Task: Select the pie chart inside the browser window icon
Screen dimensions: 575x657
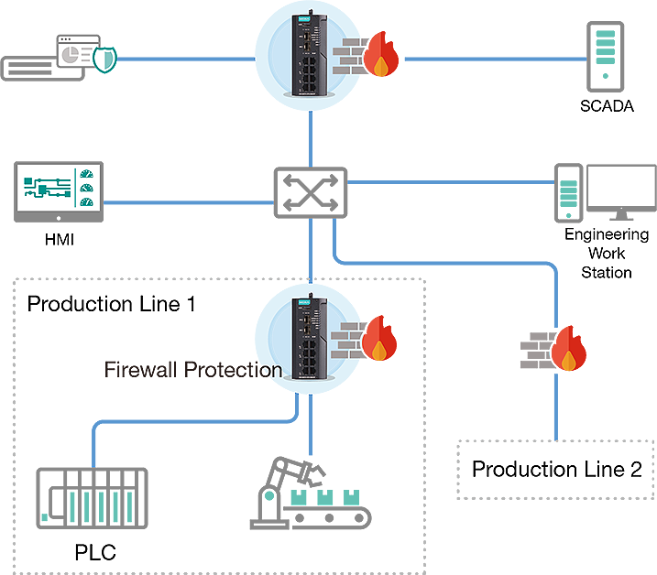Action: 70,56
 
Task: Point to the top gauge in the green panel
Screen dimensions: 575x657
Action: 87,172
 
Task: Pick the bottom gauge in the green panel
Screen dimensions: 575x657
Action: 87,201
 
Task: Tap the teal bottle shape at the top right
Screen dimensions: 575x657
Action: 604,48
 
